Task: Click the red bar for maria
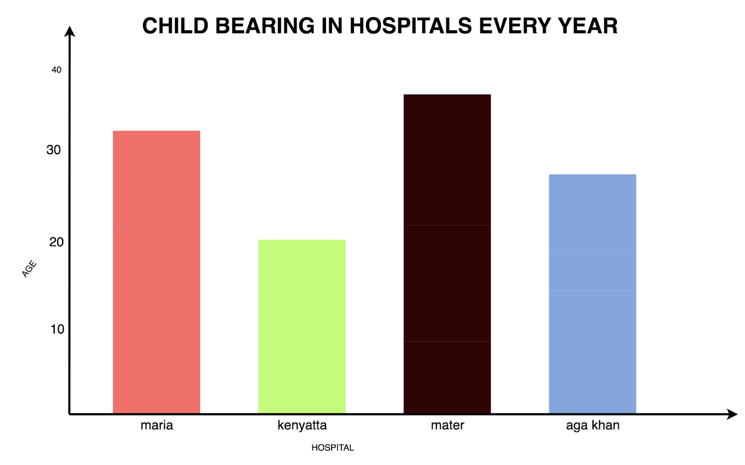(x=156, y=272)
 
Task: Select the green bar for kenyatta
(x=302, y=327)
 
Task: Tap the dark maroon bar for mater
(x=447, y=254)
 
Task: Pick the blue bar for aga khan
(x=592, y=294)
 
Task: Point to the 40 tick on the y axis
(x=56, y=70)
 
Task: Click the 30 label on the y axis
(x=54, y=150)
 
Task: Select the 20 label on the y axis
(x=56, y=242)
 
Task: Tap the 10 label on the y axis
(x=57, y=329)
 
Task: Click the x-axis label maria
(x=157, y=425)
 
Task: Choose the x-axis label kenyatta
(x=302, y=425)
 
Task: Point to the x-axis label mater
(x=447, y=425)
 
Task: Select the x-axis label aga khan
(x=593, y=425)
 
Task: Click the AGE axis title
(x=29, y=269)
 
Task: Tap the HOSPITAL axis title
(x=332, y=448)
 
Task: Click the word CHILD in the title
(x=175, y=26)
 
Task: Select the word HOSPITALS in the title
(x=411, y=26)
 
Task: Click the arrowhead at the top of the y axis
(x=70, y=31)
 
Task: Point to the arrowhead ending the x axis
(x=732, y=414)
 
